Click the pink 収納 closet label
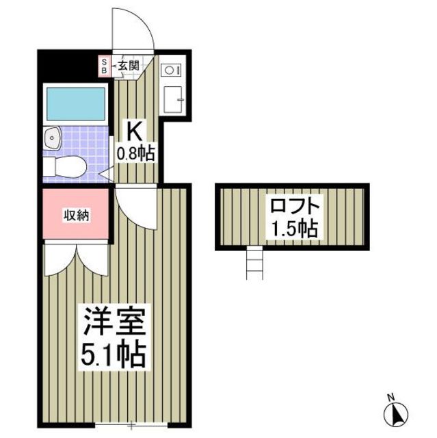tap(76, 215)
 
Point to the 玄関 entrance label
tap(128, 66)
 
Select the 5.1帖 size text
tap(113, 355)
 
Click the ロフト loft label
tap(294, 205)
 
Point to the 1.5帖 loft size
tap(294, 229)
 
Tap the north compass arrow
tap(396, 413)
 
